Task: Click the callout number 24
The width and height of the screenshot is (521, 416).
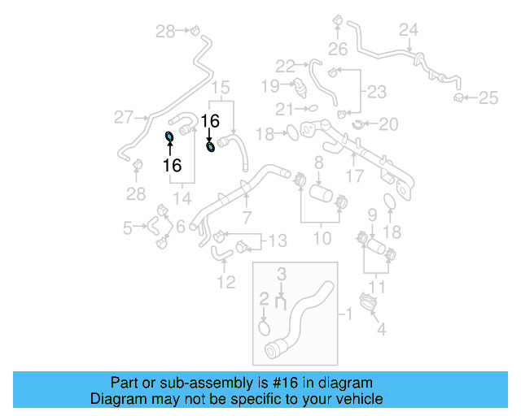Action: click(408, 30)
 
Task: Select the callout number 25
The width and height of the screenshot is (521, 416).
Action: click(488, 98)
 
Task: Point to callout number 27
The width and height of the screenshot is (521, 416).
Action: click(123, 118)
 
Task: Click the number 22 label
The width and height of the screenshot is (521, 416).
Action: click(285, 66)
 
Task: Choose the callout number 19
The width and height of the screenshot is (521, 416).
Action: click(269, 84)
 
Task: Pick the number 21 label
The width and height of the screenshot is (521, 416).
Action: click(284, 109)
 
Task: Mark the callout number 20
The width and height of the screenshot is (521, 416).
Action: click(389, 123)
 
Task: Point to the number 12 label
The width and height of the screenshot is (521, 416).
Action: click(226, 282)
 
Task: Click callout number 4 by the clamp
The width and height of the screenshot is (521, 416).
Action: click(380, 330)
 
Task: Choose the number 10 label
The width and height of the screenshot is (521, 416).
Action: click(322, 238)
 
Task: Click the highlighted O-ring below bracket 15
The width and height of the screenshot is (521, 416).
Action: click(212, 146)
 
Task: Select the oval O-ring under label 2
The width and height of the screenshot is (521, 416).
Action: click(264, 327)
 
